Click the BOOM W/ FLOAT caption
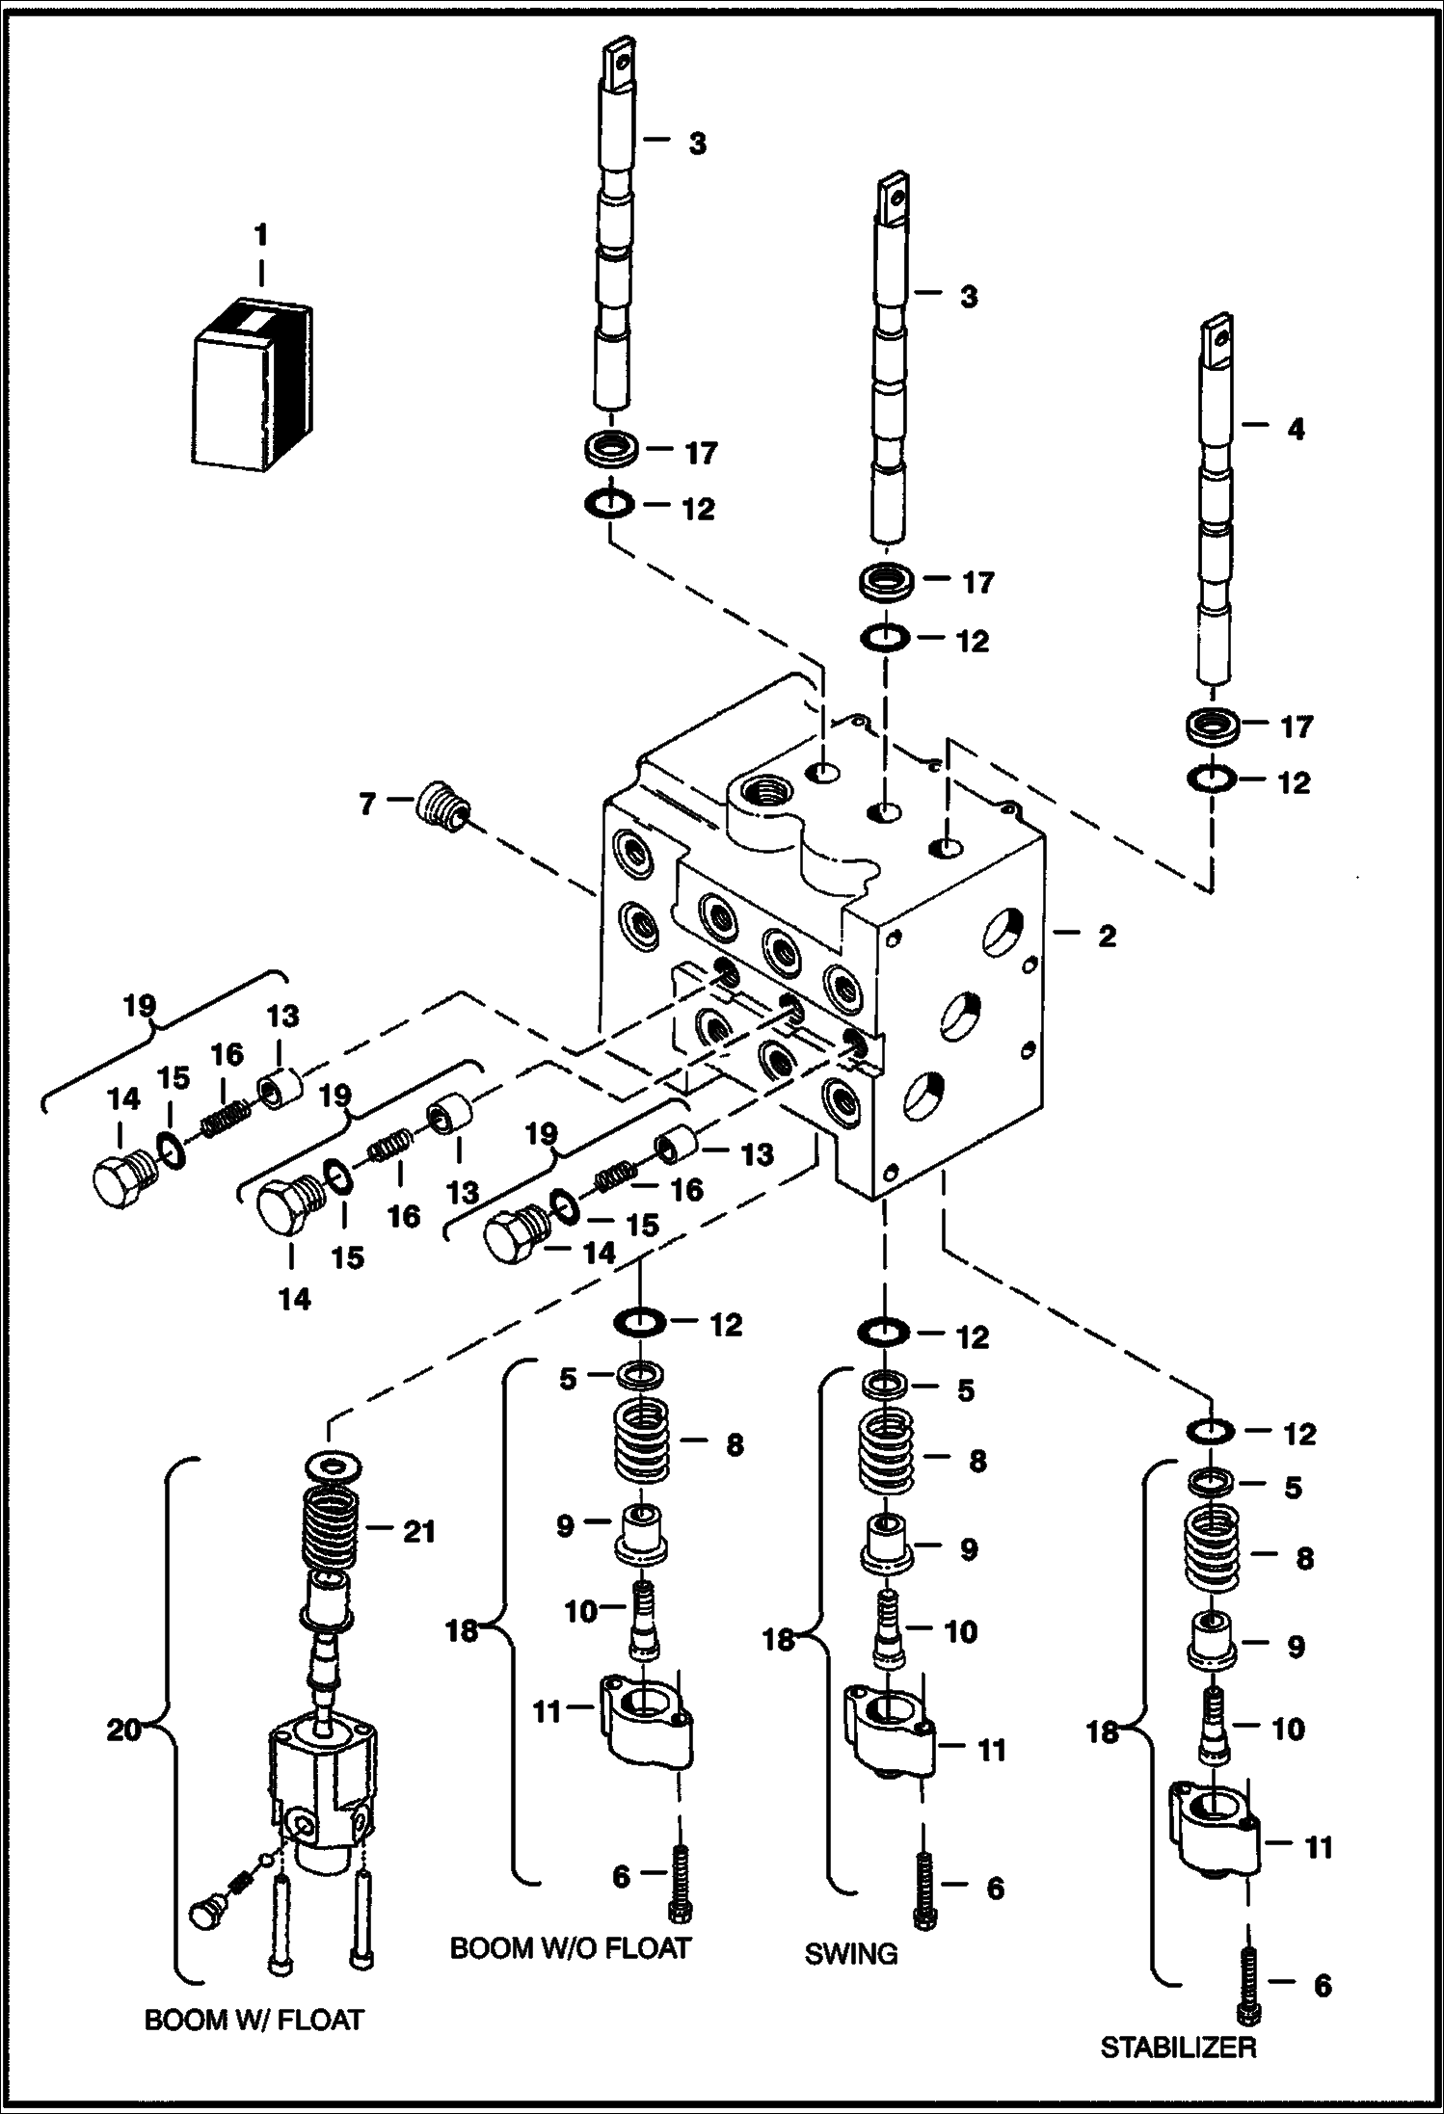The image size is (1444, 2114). tap(254, 2019)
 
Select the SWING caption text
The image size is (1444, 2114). tap(851, 1953)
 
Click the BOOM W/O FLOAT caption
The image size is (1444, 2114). tap(570, 1947)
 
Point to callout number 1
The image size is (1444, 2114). tap(260, 235)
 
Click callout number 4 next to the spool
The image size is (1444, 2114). tap(1296, 429)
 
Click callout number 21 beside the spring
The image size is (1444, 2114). tap(419, 1530)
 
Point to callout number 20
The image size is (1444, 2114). tap(123, 1730)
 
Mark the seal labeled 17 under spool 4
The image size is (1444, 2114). tap(1212, 726)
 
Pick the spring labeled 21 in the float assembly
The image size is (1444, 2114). tap(331, 1529)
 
